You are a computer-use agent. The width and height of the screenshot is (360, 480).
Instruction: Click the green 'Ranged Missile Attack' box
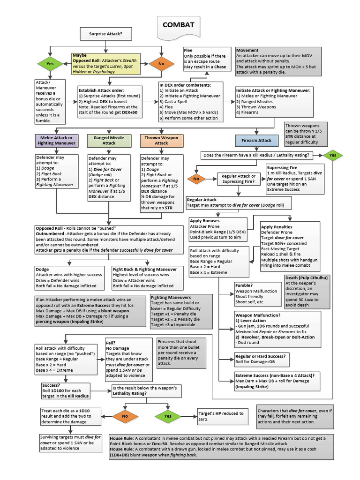[109, 140]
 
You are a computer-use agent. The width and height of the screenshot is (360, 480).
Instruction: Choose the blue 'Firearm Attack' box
[256, 140]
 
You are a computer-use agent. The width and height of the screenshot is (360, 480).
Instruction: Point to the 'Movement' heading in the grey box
[248, 50]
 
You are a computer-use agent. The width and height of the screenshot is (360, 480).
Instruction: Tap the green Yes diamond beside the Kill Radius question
[333, 155]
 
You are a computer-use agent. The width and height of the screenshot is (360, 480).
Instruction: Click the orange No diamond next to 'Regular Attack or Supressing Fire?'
[196, 179]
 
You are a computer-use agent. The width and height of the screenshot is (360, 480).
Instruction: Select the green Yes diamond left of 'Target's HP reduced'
[168, 416]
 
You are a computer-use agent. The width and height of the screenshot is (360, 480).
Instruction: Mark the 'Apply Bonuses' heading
[204, 220]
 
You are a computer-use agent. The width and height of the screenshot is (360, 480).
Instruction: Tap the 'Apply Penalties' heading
[277, 227]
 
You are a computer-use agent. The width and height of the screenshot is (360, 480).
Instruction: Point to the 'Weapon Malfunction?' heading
[258, 315]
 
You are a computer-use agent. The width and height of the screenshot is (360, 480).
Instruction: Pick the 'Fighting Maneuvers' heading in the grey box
[171, 297]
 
